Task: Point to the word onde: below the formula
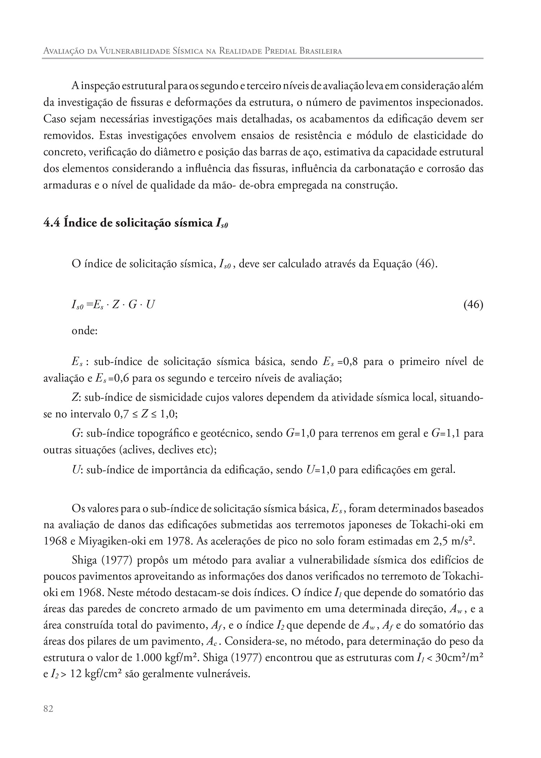point(85,330)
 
